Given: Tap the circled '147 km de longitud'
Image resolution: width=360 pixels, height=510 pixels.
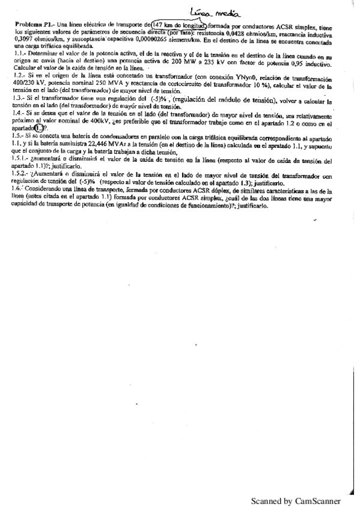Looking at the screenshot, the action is pos(180,25).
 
